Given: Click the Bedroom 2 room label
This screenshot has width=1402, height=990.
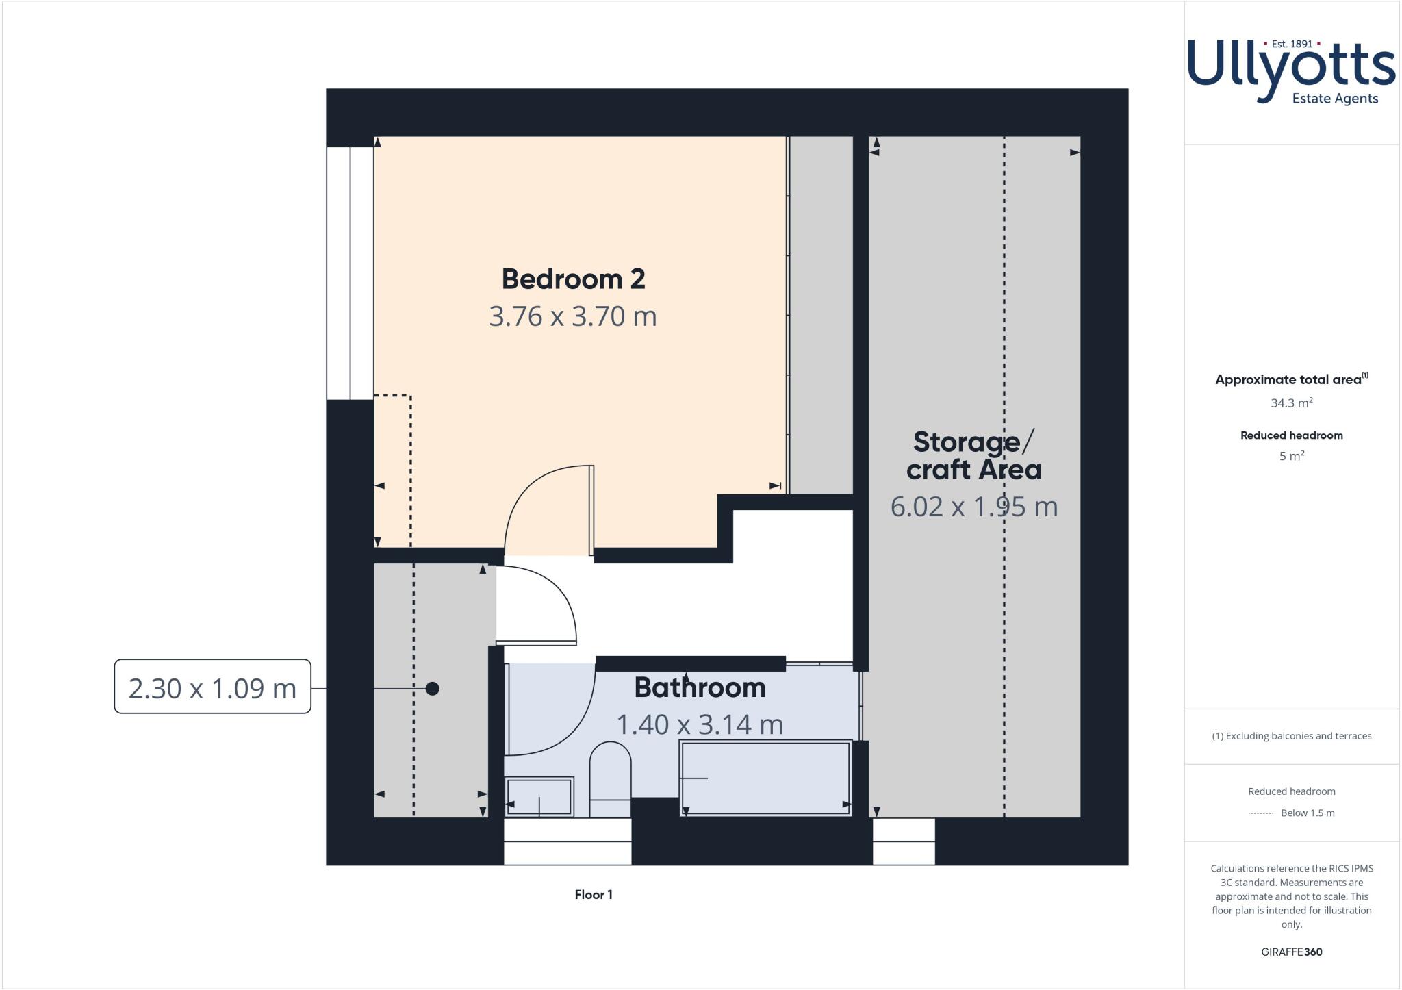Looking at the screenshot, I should pyautogui.click(x=573, y=279).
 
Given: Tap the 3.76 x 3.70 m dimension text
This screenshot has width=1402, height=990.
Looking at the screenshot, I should pyautogui.click(x=573, y=316).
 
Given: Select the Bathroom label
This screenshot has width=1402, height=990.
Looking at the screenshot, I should pyautogui.click(x=700, y=687).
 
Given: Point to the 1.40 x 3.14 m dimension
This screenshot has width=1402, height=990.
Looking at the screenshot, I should pyautogui.click(x=700, y=724).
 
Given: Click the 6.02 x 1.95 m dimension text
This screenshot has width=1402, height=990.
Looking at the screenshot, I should pyautogui.click(x=973, y=507).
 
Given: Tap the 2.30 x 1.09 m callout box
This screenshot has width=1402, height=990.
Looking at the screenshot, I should pyautogui.click(x=212, y=687).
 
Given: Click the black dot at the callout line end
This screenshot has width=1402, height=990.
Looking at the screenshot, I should pyautogui.click(x=432, y=688).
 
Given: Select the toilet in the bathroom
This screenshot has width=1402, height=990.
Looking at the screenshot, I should pyautogui.click(x=610, y=777).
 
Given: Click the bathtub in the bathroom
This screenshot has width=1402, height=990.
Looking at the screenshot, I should pyautogui.click(x=765, y=778).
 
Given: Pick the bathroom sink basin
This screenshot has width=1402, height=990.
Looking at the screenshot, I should pyautogui.click(x=539, y=796).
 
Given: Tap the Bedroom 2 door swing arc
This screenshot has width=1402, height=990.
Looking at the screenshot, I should pyautogui.click(x=541, y=503).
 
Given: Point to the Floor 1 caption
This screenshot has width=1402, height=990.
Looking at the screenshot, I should pyautogui.click(x=594, y=895).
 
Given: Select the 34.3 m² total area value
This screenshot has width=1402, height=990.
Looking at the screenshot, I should pyautogui.click(x=1291, y=403).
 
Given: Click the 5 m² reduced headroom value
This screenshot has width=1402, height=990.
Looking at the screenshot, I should pyautogui.click(x=1291, y=456).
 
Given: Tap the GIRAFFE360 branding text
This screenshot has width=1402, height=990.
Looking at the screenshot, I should pyautogui.click(x=1291, y=952).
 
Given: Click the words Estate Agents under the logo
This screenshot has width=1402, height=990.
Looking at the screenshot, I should pyautogui.click(x=1334, y=99).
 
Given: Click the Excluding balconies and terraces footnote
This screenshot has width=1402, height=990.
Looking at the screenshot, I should pyautogui.click(x=1291, y=736).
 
